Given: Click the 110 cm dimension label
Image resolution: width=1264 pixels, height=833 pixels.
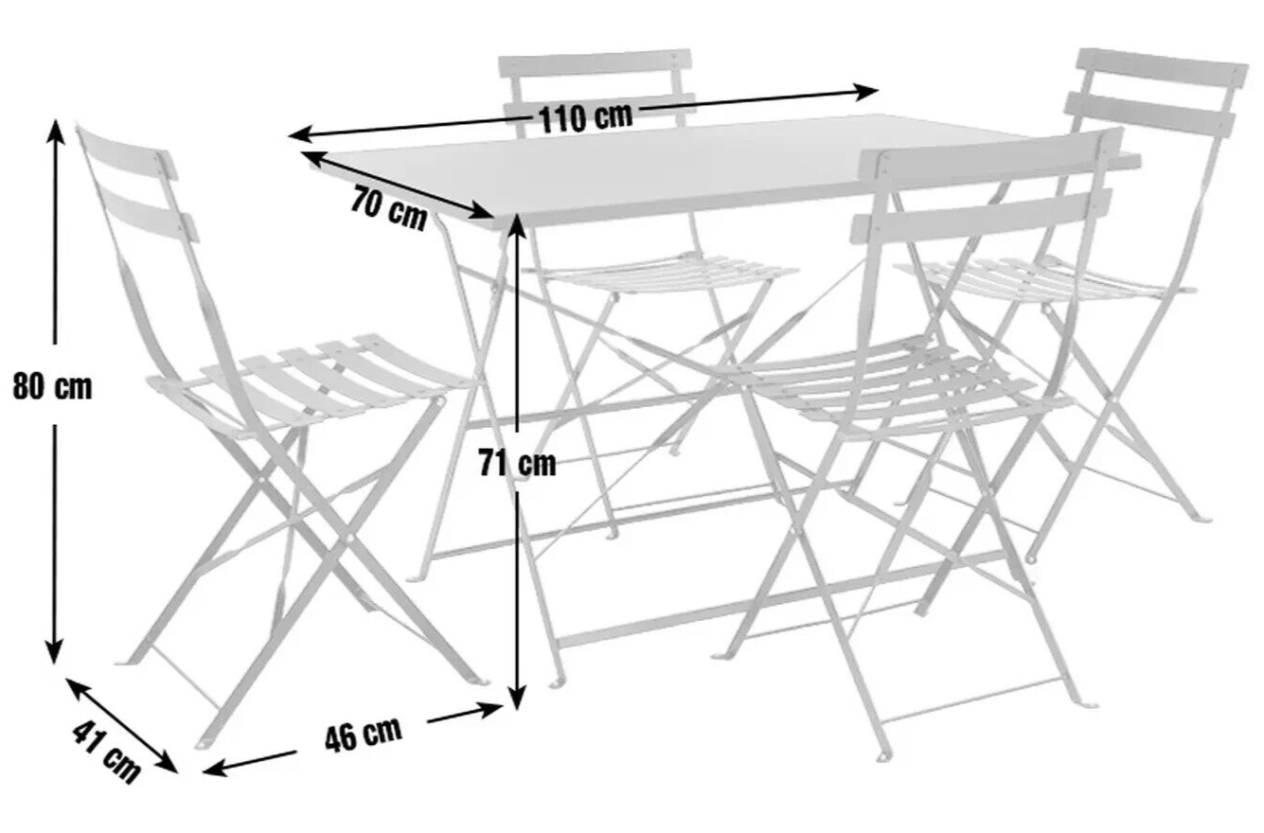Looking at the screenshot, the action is point(586,118).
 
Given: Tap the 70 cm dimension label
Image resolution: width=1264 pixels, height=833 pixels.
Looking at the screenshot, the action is point(389,208).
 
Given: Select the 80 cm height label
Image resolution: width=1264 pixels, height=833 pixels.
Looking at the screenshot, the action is point(52,386).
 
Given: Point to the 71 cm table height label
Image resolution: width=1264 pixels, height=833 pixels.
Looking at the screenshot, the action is point(518,463).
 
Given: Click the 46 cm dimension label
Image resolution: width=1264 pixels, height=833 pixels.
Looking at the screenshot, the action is point(364,735).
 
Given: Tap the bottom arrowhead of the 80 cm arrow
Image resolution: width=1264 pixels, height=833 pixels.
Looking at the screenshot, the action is point(54,652).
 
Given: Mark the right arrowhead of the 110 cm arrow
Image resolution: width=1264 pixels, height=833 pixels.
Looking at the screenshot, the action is point(866,92).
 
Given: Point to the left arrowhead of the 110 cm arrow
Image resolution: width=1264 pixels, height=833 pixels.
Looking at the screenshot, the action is point(301,134).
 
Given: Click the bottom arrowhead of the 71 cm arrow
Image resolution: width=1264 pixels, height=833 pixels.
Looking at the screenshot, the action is point(518,697).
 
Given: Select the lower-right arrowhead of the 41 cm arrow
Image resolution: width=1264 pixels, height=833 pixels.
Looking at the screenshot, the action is point(168,764).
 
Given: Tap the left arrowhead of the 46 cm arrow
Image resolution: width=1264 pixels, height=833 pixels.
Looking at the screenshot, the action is point(214,769).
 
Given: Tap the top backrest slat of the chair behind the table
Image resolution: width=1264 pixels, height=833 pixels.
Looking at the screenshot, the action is point(595,63).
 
